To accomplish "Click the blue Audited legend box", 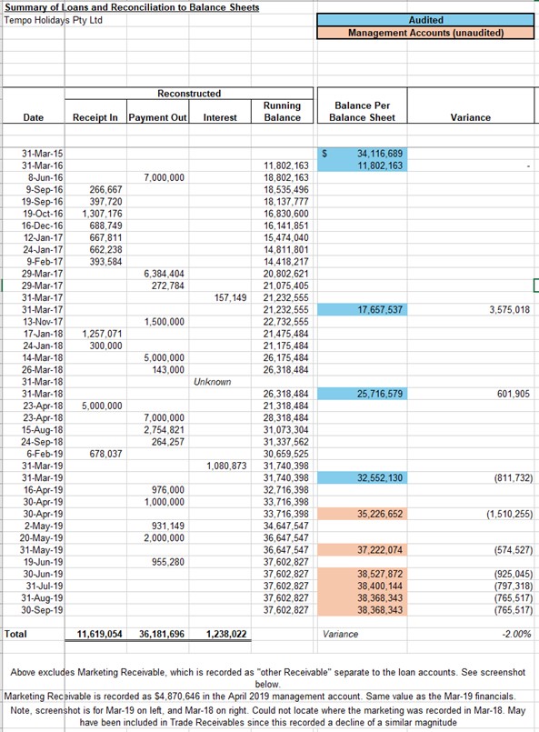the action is [425, 20].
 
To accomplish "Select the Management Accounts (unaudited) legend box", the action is [425, 33].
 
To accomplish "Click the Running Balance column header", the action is [283, 112].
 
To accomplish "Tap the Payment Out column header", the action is [158, 117].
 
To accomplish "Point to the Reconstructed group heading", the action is [189, 94].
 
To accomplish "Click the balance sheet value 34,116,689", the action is [380, 153].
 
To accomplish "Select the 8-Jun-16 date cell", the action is [43, 177].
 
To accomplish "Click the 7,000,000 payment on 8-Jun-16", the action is [164, 177].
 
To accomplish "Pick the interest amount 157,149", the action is [231, 297].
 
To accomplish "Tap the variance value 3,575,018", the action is [509, 309].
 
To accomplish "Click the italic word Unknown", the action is [213, 382].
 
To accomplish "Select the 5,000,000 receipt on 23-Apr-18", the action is [102, 406].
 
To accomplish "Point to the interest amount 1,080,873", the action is [226, 466].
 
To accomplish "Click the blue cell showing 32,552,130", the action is [362, 477].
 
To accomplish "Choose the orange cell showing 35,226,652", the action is [362, 514].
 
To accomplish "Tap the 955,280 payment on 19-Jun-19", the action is [168, 562].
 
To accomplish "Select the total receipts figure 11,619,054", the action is [99, 634].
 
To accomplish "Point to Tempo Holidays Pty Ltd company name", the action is [54, 20].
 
